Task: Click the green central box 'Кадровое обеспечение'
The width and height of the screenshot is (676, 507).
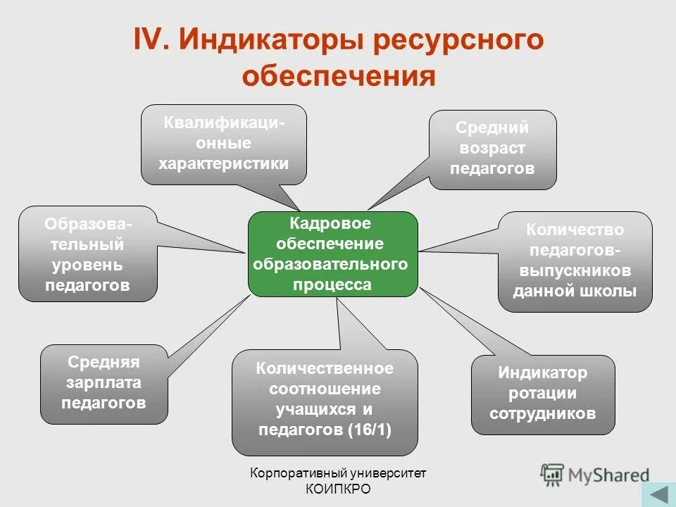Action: (x=332, y=254)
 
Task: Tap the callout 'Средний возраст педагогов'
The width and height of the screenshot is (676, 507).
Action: (x=492, y=149)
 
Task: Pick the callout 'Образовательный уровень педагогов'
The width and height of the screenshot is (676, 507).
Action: (x=88, y=254)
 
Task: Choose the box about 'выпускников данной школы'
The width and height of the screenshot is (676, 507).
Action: (x=575, y=261)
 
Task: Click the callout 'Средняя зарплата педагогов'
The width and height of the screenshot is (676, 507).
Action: (x=104, y=383)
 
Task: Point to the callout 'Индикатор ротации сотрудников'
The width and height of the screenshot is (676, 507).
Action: (x=542, y=394)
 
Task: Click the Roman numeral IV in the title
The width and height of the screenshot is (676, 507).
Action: (x=149, y=40)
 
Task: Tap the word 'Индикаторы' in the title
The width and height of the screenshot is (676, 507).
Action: (x=270, y=40)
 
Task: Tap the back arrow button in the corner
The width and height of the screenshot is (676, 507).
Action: (x=658, y=493)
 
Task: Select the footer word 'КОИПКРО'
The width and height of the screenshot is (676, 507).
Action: (x=338, y=489)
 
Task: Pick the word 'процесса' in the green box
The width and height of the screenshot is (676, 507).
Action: (x=332, y=284)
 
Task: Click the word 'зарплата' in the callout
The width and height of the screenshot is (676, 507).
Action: (x=104, y=383)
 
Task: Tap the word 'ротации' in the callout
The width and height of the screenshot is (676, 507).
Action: (x=542, y=394)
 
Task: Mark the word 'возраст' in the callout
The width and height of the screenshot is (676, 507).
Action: (x=492, y=149)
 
